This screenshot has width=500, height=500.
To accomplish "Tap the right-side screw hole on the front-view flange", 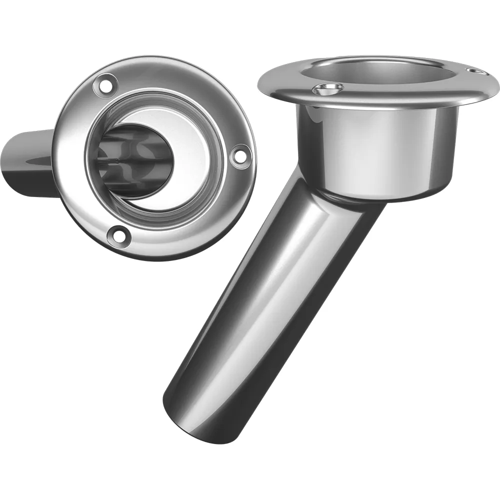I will [240, 155].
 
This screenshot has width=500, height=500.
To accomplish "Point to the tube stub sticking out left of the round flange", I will [30, 162].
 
